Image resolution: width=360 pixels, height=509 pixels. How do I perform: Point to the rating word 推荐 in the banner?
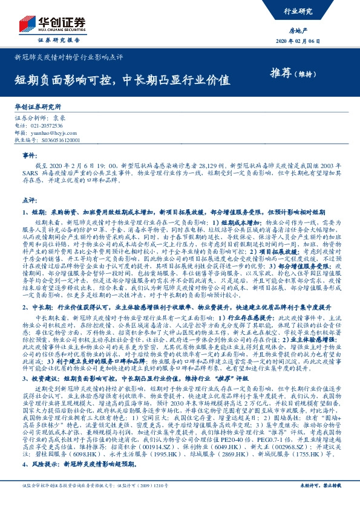click(280, 73)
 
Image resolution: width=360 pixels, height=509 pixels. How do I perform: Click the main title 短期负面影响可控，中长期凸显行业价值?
click(122, 79)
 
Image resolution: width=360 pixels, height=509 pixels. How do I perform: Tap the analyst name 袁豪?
click(59, 118)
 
